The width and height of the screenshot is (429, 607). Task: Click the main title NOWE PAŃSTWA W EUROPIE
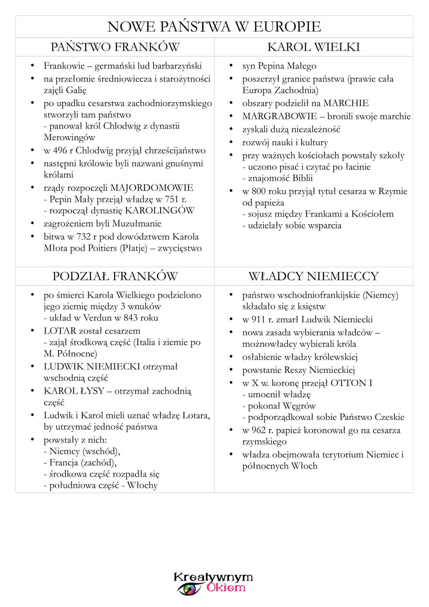214,27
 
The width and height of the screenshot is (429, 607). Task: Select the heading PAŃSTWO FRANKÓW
115,47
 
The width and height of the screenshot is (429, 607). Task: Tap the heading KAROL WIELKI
313,47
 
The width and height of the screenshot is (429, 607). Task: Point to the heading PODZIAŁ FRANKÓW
115,276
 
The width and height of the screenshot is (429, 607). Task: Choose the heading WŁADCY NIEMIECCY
313,276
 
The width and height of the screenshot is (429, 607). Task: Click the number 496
60,151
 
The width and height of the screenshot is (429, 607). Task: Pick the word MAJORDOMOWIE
152,188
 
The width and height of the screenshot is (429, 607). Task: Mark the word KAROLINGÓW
160,211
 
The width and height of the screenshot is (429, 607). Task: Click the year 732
83,237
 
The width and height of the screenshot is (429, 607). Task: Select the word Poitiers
102,248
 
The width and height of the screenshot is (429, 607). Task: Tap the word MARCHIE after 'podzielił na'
346,103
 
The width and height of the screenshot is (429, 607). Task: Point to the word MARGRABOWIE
279,116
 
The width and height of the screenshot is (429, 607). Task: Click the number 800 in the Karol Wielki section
258,192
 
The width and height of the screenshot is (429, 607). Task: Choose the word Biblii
302,178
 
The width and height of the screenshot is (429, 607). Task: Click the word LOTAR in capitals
60,331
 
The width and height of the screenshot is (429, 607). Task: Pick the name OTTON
348,383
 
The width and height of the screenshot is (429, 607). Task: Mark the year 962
258,430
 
